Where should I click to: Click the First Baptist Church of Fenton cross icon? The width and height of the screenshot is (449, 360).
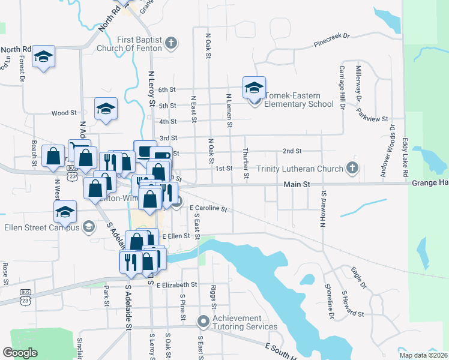point(171,43)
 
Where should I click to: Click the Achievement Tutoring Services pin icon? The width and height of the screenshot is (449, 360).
point(203,322)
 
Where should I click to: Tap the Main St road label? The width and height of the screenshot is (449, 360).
point(297,184)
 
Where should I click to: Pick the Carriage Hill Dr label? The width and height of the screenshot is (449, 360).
point(342,94)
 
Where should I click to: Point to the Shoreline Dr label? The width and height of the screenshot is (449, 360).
point(330,301)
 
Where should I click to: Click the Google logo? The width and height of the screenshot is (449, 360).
point(20,353)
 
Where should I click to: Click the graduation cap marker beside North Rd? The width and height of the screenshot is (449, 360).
point(44,56)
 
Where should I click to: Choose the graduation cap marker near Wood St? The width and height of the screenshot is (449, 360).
point(106,109)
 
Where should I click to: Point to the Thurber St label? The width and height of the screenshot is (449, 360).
point(246,164)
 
